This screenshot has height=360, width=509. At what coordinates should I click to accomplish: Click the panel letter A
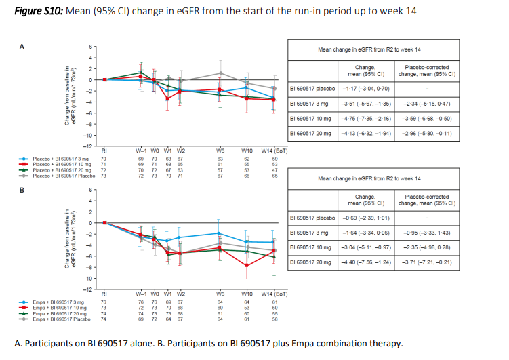click(x=22, y=47)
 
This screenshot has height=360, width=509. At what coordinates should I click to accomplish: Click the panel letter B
click(x=22, y=191)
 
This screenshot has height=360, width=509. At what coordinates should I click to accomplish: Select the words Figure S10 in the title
click(x=39, y=12)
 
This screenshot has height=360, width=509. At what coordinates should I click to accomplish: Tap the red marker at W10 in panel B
click(x=247, y=265)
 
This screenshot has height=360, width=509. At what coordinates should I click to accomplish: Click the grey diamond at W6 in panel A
click(x=220, y=73)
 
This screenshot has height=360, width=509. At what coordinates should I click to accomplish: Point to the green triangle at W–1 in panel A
click(x=140, y=72)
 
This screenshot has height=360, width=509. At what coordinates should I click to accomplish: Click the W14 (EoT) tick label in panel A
click(x=274, y=150)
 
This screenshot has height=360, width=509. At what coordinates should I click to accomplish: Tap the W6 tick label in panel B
click(x=220, y=294)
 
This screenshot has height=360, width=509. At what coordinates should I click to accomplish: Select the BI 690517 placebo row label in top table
click(x=312, y=88)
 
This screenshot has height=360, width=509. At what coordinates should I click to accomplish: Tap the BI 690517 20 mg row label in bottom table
click(x=312, y=261)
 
